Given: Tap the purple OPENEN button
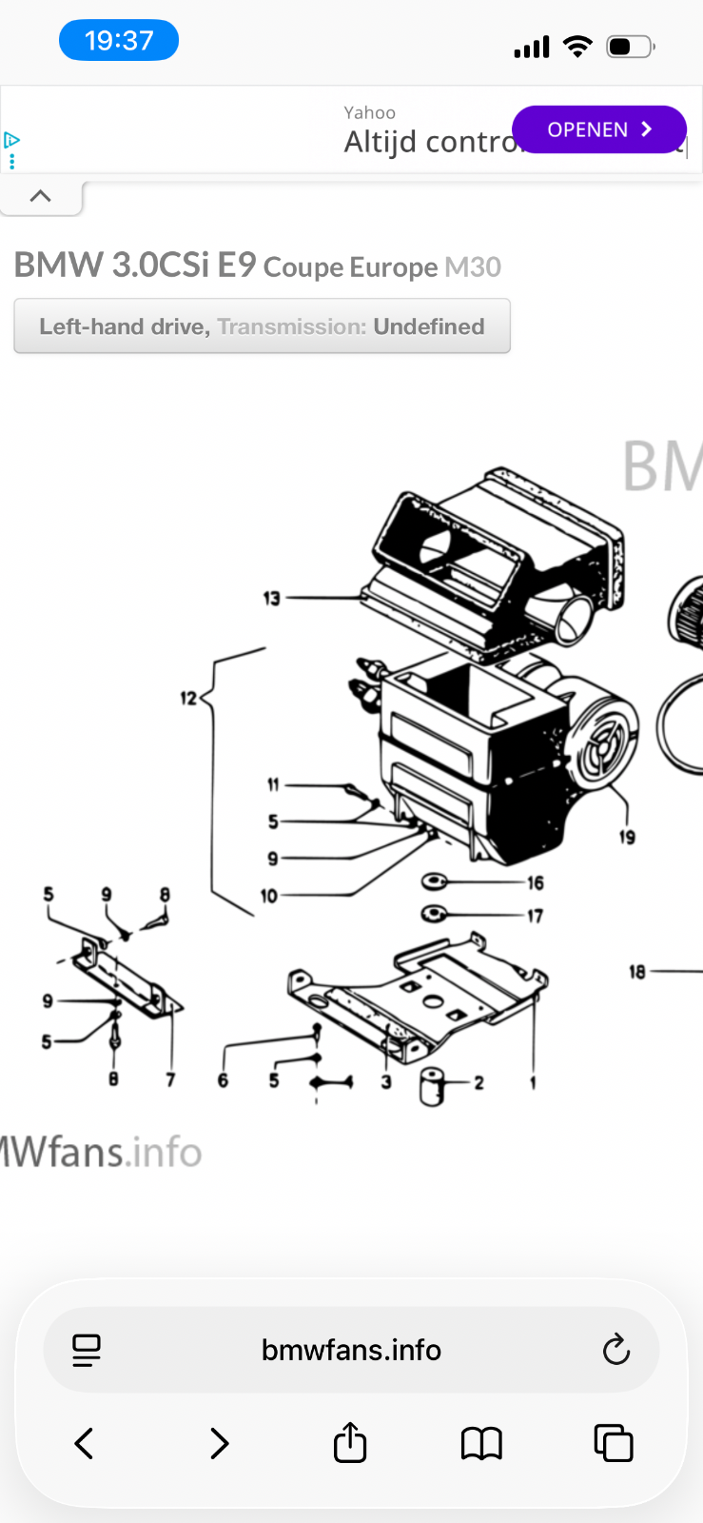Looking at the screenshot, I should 598,129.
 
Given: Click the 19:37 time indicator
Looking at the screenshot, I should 119,41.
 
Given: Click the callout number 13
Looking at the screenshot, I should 272,599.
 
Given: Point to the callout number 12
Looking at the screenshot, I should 188,699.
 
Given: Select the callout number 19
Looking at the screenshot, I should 627,838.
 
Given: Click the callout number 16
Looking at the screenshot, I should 536,883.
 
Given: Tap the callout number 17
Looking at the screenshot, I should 536,916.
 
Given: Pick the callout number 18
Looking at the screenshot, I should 637,972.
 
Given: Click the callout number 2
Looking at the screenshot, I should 478,1082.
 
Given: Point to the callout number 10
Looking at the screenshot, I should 268,896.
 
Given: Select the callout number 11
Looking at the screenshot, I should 273,785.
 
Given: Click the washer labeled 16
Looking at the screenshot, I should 435,881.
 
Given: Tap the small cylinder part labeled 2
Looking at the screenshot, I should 433,1086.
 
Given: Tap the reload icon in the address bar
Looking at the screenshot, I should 616,1349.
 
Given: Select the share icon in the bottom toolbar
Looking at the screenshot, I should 350,1442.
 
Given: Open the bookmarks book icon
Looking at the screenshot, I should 481,1443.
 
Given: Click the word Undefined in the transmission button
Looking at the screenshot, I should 428,326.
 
